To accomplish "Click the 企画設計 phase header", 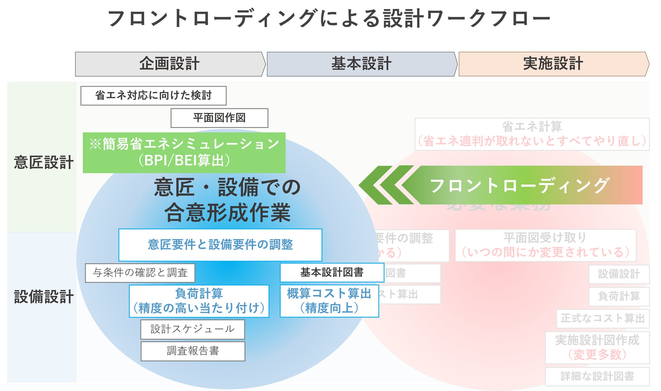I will pos(169,64).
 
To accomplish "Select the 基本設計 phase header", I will pos(361,64).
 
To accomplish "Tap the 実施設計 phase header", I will pos(553,64).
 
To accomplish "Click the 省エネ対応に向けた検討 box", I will pos(153,96).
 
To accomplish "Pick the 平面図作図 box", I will pos(219,118).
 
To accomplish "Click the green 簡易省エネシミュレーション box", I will pos(184,152).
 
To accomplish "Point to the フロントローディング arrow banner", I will pos(519,185).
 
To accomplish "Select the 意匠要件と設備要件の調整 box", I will pos(220,245).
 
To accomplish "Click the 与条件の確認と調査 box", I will pos(140,273).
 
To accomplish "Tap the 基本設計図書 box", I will pos(332,272).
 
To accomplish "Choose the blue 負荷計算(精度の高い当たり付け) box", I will pos(199,301).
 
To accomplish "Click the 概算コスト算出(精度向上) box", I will pos(329,301).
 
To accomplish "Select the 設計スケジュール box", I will pos(193,329).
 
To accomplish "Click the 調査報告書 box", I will pos(193,351).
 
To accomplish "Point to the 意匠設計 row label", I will pos(43,162).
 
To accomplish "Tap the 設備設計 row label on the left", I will pos(43,297).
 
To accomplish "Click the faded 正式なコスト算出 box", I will pos(603,318).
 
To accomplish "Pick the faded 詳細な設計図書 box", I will pos(597,376).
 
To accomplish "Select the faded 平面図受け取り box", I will pos(545,245).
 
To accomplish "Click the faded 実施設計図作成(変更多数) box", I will pos(597,348).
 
